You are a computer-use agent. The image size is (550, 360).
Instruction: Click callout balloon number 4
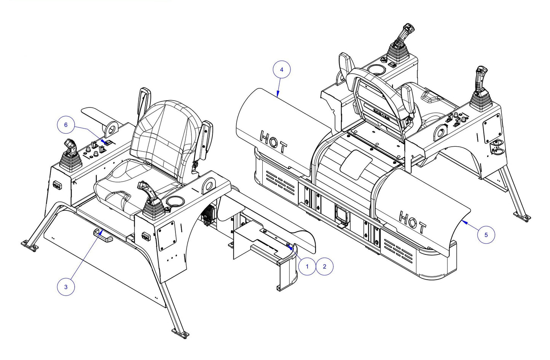[282, 70]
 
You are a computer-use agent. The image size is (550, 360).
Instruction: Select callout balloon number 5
[486, 235]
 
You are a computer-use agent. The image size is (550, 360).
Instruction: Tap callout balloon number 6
[66, 125]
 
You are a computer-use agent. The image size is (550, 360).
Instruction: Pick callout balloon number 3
[66, 286]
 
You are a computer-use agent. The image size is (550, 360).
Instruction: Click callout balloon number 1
[307, 266]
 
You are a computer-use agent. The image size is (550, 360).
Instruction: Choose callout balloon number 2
[324, 266]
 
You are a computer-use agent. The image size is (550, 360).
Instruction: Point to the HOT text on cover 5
[412, 222]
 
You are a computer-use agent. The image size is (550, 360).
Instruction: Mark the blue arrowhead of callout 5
[463, 221]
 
